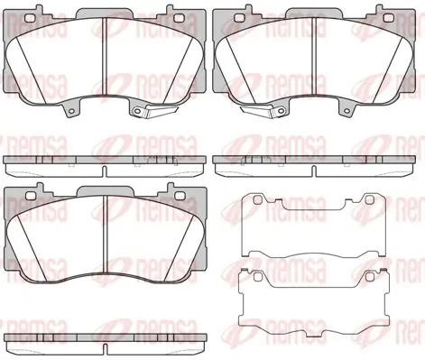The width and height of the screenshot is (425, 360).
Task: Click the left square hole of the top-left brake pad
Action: tap(30, 18)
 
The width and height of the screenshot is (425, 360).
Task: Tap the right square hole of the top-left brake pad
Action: tap(180, 18)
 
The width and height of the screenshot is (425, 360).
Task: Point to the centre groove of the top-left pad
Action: tap(104, 56)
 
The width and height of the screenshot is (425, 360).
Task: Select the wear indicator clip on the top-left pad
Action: tap(161, 111)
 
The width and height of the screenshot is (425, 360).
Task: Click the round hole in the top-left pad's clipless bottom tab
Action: tap(71, 112)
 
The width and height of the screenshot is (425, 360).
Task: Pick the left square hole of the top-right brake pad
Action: tap(239, 18)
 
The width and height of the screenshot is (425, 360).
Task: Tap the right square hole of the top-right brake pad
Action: tap(389, 18)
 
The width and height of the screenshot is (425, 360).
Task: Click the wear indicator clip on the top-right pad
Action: tap(259, 111)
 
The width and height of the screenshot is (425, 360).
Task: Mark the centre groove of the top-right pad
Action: tap(314, 56)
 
